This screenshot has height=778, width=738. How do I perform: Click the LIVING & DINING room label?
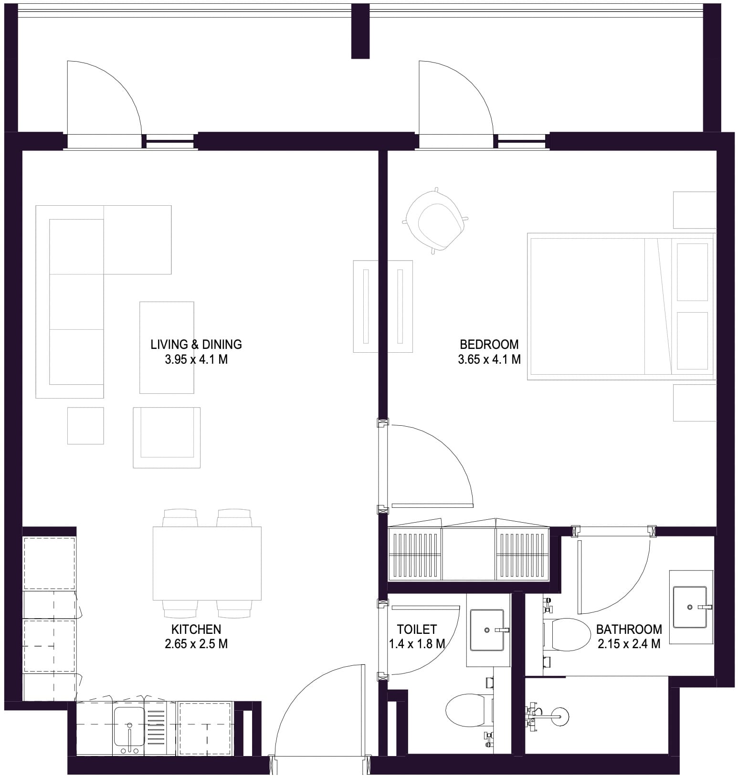tap(196, 344)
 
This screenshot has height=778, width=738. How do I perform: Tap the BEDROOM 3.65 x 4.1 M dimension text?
tap(489, 359)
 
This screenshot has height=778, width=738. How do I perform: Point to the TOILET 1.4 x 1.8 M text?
tap(417, 637)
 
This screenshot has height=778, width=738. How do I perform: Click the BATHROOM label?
tap(629, 629)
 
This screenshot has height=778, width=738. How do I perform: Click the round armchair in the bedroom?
tap(435, 221)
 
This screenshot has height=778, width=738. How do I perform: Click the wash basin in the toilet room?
tap(486, 630)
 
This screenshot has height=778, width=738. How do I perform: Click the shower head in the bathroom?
tap(561, 715)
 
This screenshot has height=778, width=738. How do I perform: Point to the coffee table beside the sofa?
tap(167, 347)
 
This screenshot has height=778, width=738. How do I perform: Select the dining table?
tap(207, 563)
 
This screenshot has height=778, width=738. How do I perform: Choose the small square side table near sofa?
tap(85, 425)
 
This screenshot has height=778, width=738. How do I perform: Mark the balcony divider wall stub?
tap(360, 32)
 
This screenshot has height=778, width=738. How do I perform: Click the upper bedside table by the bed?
tap(694, 210)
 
